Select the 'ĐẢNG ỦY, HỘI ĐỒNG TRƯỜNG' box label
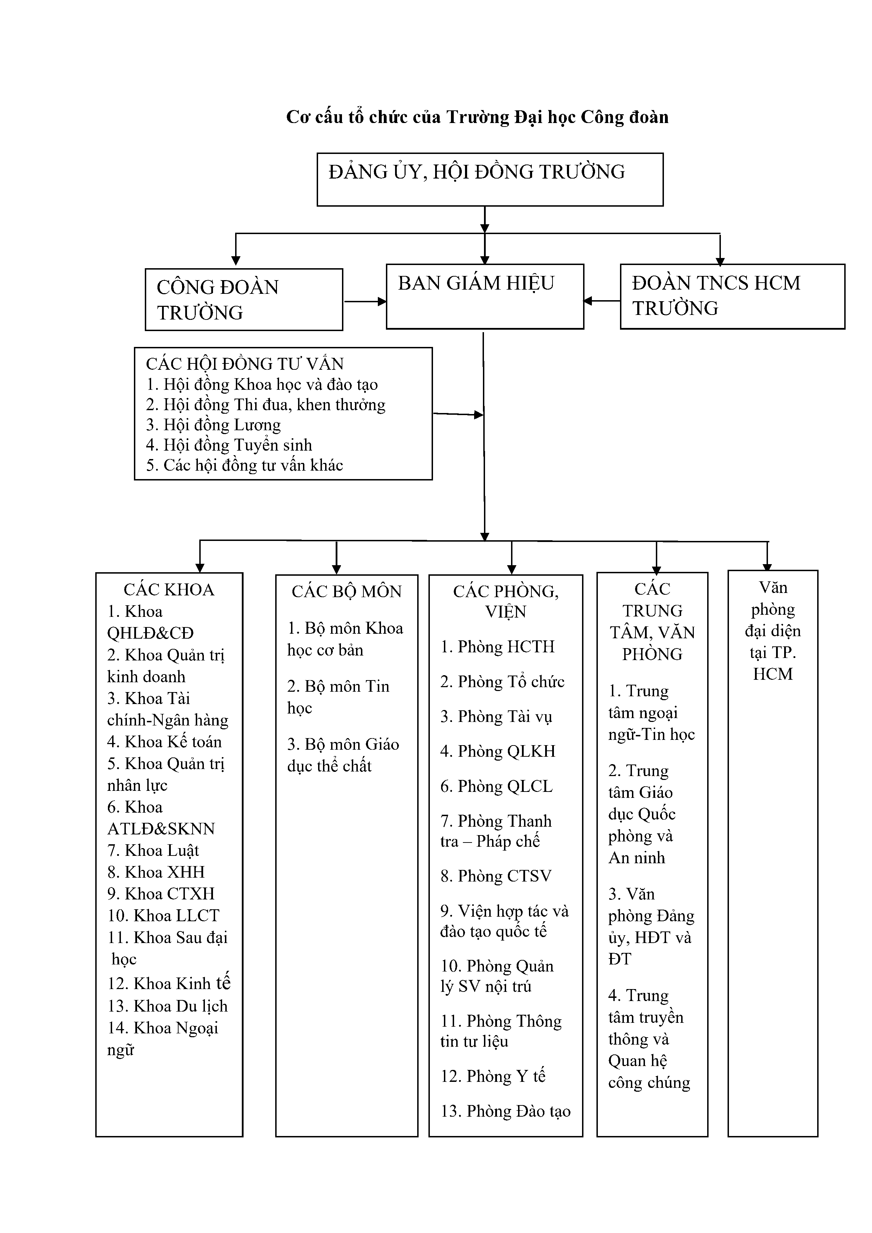[477, 172]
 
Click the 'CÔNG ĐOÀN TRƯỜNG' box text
[218, 300]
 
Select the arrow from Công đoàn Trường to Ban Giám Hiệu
[365, 302]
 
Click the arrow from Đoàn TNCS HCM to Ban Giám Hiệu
[602, 301]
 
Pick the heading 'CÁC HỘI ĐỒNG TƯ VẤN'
[245, 364]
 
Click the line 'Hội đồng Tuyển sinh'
[229, 445]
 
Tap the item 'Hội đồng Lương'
[214, 425]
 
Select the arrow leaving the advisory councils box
[458, 414]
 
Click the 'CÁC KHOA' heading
[169, 590]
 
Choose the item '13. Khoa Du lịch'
[168, 1006]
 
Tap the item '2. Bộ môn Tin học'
[338, 697]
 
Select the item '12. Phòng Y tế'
[493, 1076]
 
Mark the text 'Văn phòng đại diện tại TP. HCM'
[773, 631]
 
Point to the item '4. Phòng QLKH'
[498, 751]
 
